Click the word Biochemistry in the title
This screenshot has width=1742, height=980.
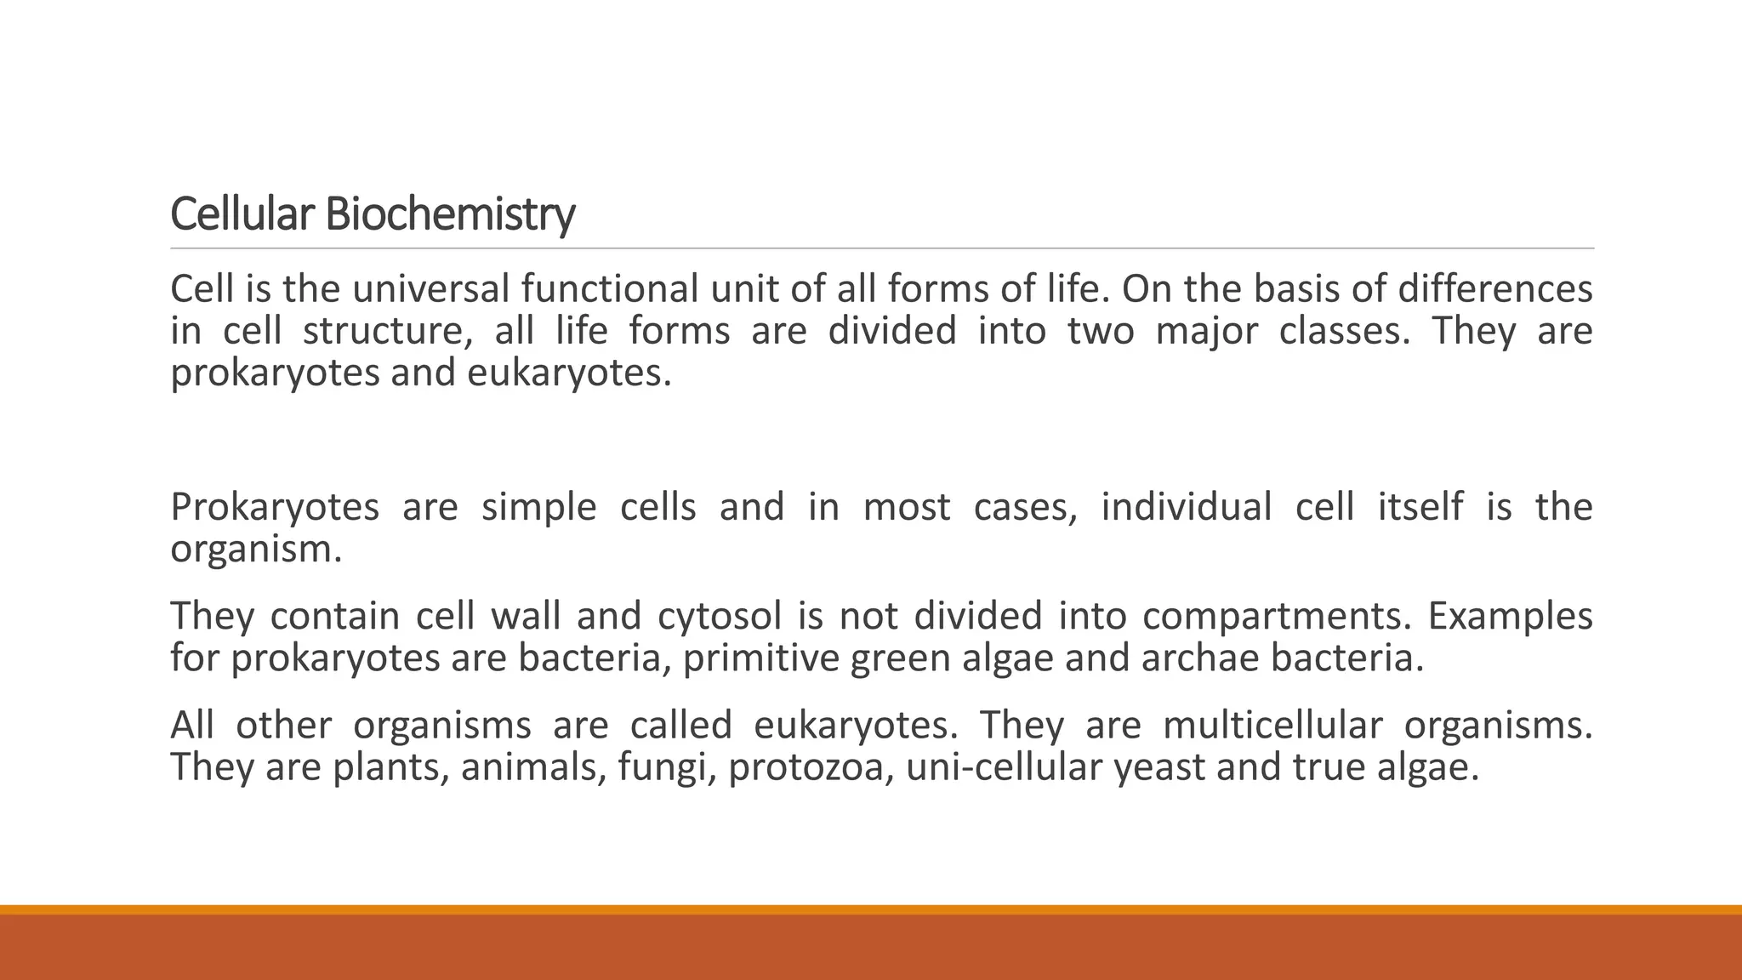click(x=450, y=214)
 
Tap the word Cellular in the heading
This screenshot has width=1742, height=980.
click(x=242, y=214)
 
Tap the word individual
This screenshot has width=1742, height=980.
click(x=1187, y=508)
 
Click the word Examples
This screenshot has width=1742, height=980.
click(x=1510, y=617)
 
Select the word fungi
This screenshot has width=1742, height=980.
click(x=667, y=767)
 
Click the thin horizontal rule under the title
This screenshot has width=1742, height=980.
click(x=882, y=248)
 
